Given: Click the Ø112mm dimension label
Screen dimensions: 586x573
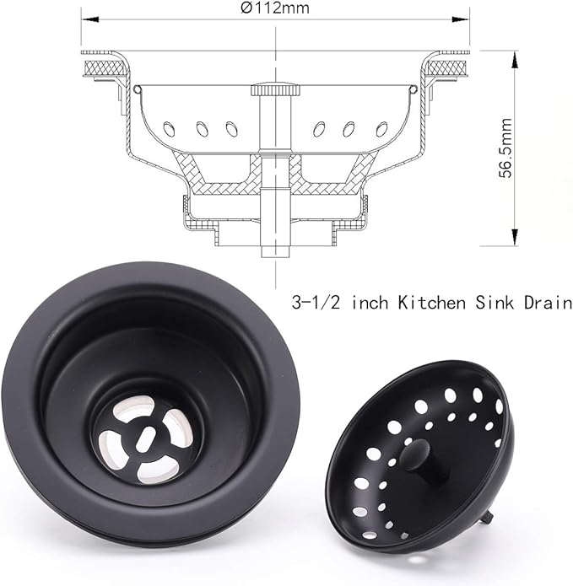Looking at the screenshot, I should pos(275,9).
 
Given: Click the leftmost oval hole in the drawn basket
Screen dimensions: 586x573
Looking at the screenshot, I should pos(169,129).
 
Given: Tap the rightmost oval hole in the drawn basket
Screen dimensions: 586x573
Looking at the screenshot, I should pos(381,129).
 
